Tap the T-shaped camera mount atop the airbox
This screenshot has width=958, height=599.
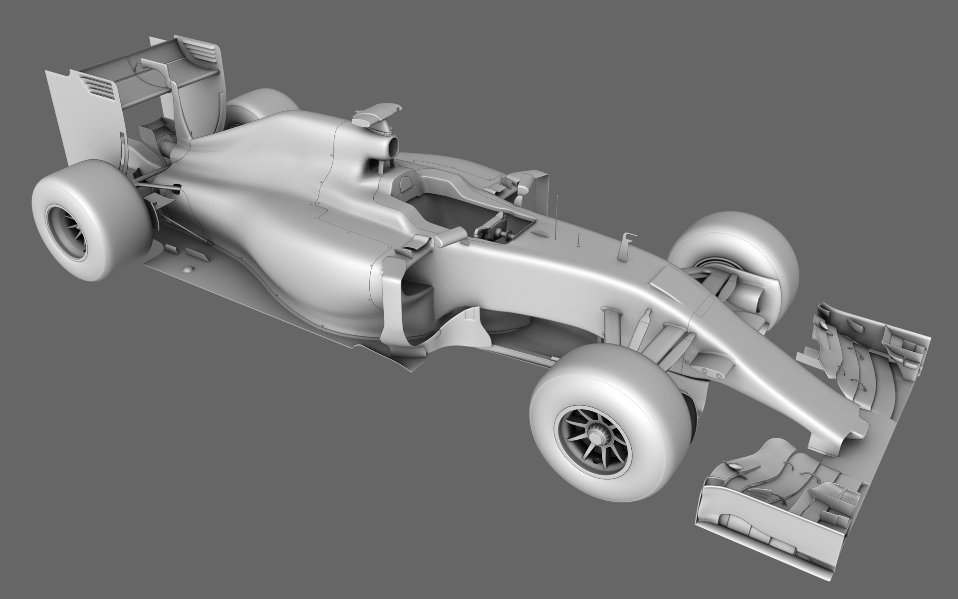(x=377, y=114)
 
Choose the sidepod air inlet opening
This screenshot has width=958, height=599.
(x=414, y=290)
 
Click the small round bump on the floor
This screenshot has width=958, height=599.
(x=188, y=270)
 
